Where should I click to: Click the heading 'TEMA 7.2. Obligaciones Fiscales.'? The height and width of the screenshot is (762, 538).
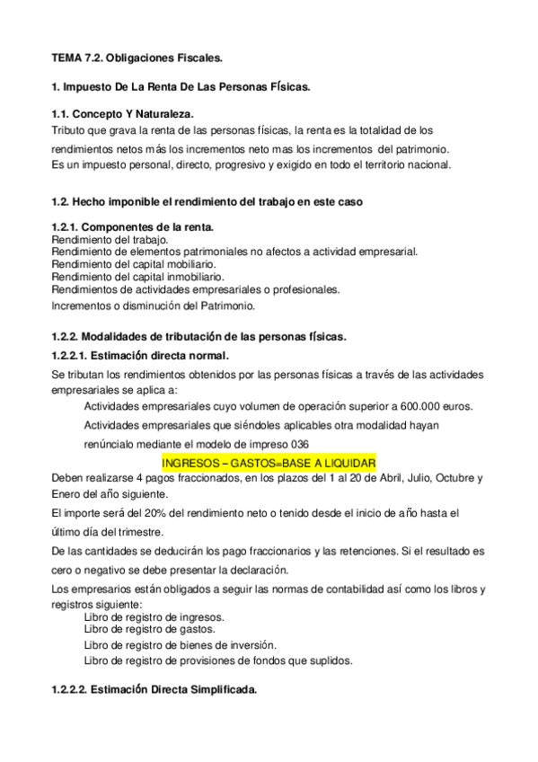pos(136,58)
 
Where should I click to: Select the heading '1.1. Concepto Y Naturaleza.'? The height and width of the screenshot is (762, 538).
pos(122,114)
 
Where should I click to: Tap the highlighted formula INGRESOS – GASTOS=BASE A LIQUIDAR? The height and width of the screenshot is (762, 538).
pos(268,462)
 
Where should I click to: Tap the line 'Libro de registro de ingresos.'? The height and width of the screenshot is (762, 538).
pos(154,617)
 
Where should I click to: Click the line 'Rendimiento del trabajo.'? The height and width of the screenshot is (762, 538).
pos(110,241)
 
